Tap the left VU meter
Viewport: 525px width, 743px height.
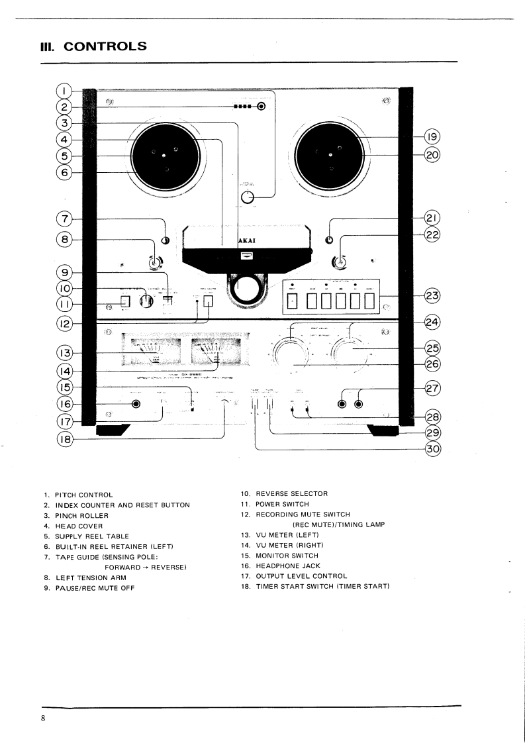click(152, 351)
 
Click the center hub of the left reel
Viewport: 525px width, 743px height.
click(164, 156)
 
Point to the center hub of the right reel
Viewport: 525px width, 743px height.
click(329, 156)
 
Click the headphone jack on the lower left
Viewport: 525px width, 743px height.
click(136, 404)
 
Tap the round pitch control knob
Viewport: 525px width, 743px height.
click(248, 197)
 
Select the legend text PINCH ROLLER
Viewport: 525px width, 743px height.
click(81, 515)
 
